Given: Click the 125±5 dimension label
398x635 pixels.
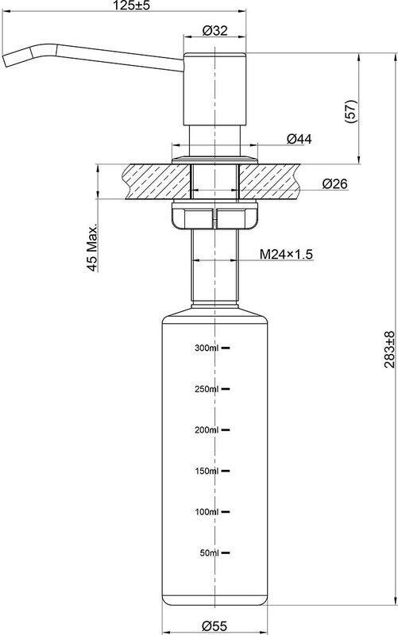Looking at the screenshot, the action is point(129,6).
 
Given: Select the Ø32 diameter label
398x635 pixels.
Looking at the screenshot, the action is point(214,30).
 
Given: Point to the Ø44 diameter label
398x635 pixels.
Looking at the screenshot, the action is point(299,139).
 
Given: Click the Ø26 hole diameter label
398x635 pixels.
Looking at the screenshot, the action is point(334,184).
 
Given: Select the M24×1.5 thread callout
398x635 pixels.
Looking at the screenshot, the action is point(286,254).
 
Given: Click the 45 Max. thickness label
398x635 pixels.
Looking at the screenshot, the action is point(92,247).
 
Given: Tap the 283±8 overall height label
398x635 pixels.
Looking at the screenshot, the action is point(389,349).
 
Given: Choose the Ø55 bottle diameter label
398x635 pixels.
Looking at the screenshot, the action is point(214,626).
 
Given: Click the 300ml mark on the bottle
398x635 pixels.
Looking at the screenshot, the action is point(207,348).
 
